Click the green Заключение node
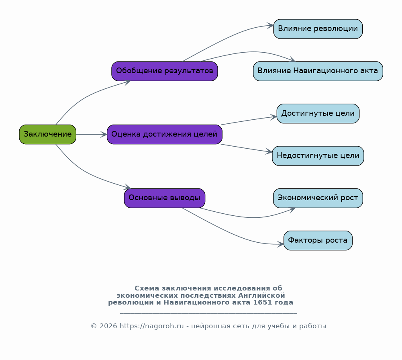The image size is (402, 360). pyautogui.click(x=48, y=134)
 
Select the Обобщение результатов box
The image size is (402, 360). pyautogui.click(x=165, y=71)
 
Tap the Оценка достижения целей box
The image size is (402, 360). pyautogui.click(x=165, y=134)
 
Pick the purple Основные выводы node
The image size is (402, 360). pyautogui.click(x=165, y=198)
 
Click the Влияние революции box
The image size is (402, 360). pyautogui.click(x=318, y=29)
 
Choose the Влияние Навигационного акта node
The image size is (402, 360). pyautogui.click(x=318, y=71)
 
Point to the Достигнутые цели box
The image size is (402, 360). pyautogui.click(x=318, y=113)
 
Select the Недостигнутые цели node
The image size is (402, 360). pyautogui.click(x=318, y=155)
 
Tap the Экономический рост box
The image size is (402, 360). pyautogui.click(x=318, y=198)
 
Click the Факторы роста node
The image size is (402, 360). pyautogui.click(x=318, y=240)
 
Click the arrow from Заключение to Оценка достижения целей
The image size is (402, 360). pyautogui.click(x=92, y=134)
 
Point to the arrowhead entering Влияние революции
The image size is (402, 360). pyautogui.click(x=271, y=25)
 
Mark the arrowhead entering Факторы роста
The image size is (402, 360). pyautogui.click(x=280, y=244)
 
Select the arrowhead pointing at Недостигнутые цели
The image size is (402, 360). pyautogui.click(x=269, y=151)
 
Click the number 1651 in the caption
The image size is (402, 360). pyautogui.click(x=262, y=302)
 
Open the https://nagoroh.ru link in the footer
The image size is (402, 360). pyautogui.click(x=151, y=326)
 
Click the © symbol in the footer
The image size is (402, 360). pyautogui.click(x=94, y=326)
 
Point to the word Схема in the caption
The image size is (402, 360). pyautogui.click(x=147, y=288)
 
